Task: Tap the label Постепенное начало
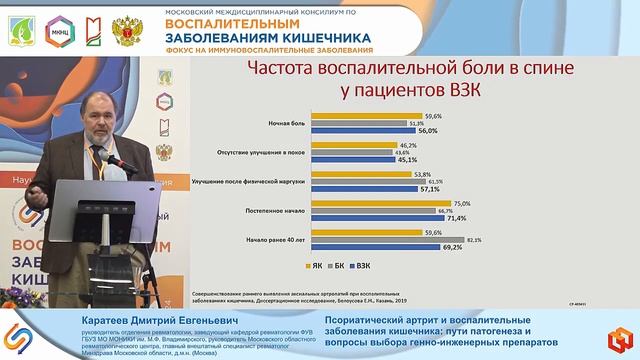coord(272,211)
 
